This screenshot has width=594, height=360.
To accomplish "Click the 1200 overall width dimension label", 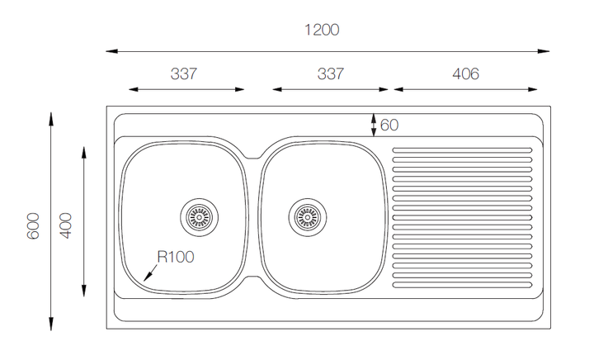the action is click(x=322, y=30).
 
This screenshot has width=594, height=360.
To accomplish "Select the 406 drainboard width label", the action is click(x=465, y=73).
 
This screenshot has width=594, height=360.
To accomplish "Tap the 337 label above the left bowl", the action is click(x=184, y=73).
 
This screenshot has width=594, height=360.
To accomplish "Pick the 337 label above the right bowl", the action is click(x=330, y=73).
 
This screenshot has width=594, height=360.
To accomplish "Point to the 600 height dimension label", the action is click(x=33, y=226).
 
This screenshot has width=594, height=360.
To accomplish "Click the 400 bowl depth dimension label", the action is click(x=66, y=225).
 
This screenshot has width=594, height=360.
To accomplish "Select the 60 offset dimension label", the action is click(x=389, y=125).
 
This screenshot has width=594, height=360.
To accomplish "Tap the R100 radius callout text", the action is click(x=176, y=257).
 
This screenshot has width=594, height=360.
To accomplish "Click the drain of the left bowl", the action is click(x=200, y=217).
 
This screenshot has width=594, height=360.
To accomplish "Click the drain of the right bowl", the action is click(x=308, y=217).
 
